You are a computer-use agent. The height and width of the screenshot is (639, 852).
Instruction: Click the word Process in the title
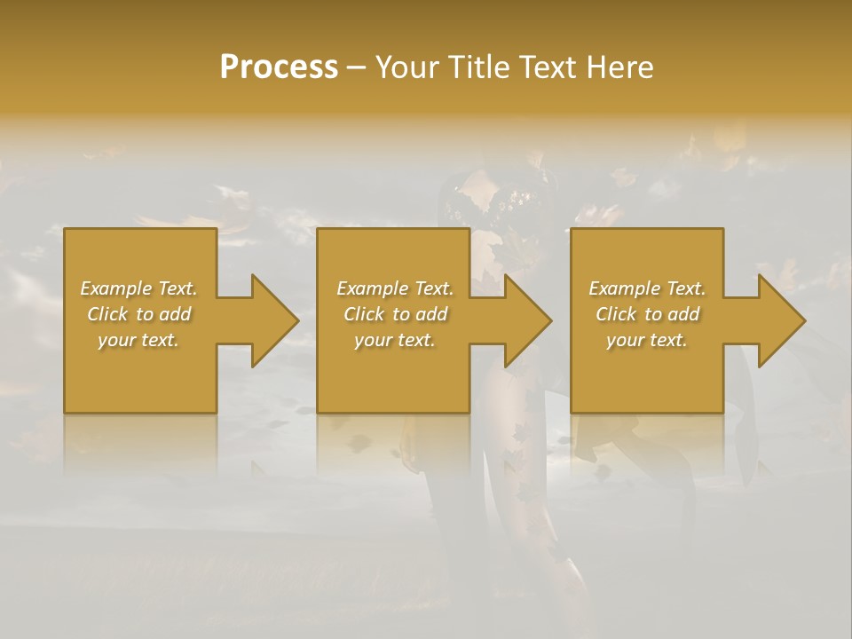[279, 67]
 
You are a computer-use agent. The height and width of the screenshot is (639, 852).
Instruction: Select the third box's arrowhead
[780, 320]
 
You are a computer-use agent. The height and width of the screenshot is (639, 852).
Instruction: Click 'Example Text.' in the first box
[138, 288]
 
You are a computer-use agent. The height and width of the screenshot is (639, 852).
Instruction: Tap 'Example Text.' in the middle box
[395, 288]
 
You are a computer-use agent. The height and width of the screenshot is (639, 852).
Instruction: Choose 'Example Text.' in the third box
[647, 288]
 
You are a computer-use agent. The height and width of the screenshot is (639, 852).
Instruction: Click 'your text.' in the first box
[138, 340]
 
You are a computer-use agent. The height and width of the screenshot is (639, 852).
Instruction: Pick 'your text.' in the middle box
[395, 340]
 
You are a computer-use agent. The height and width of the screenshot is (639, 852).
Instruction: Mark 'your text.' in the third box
[647, 340]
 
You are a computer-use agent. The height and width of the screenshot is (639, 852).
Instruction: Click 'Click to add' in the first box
[138, 314]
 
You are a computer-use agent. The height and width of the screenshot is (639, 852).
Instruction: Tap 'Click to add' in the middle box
[395, 314]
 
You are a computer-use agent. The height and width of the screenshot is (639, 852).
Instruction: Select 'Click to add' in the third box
[647, 314]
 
